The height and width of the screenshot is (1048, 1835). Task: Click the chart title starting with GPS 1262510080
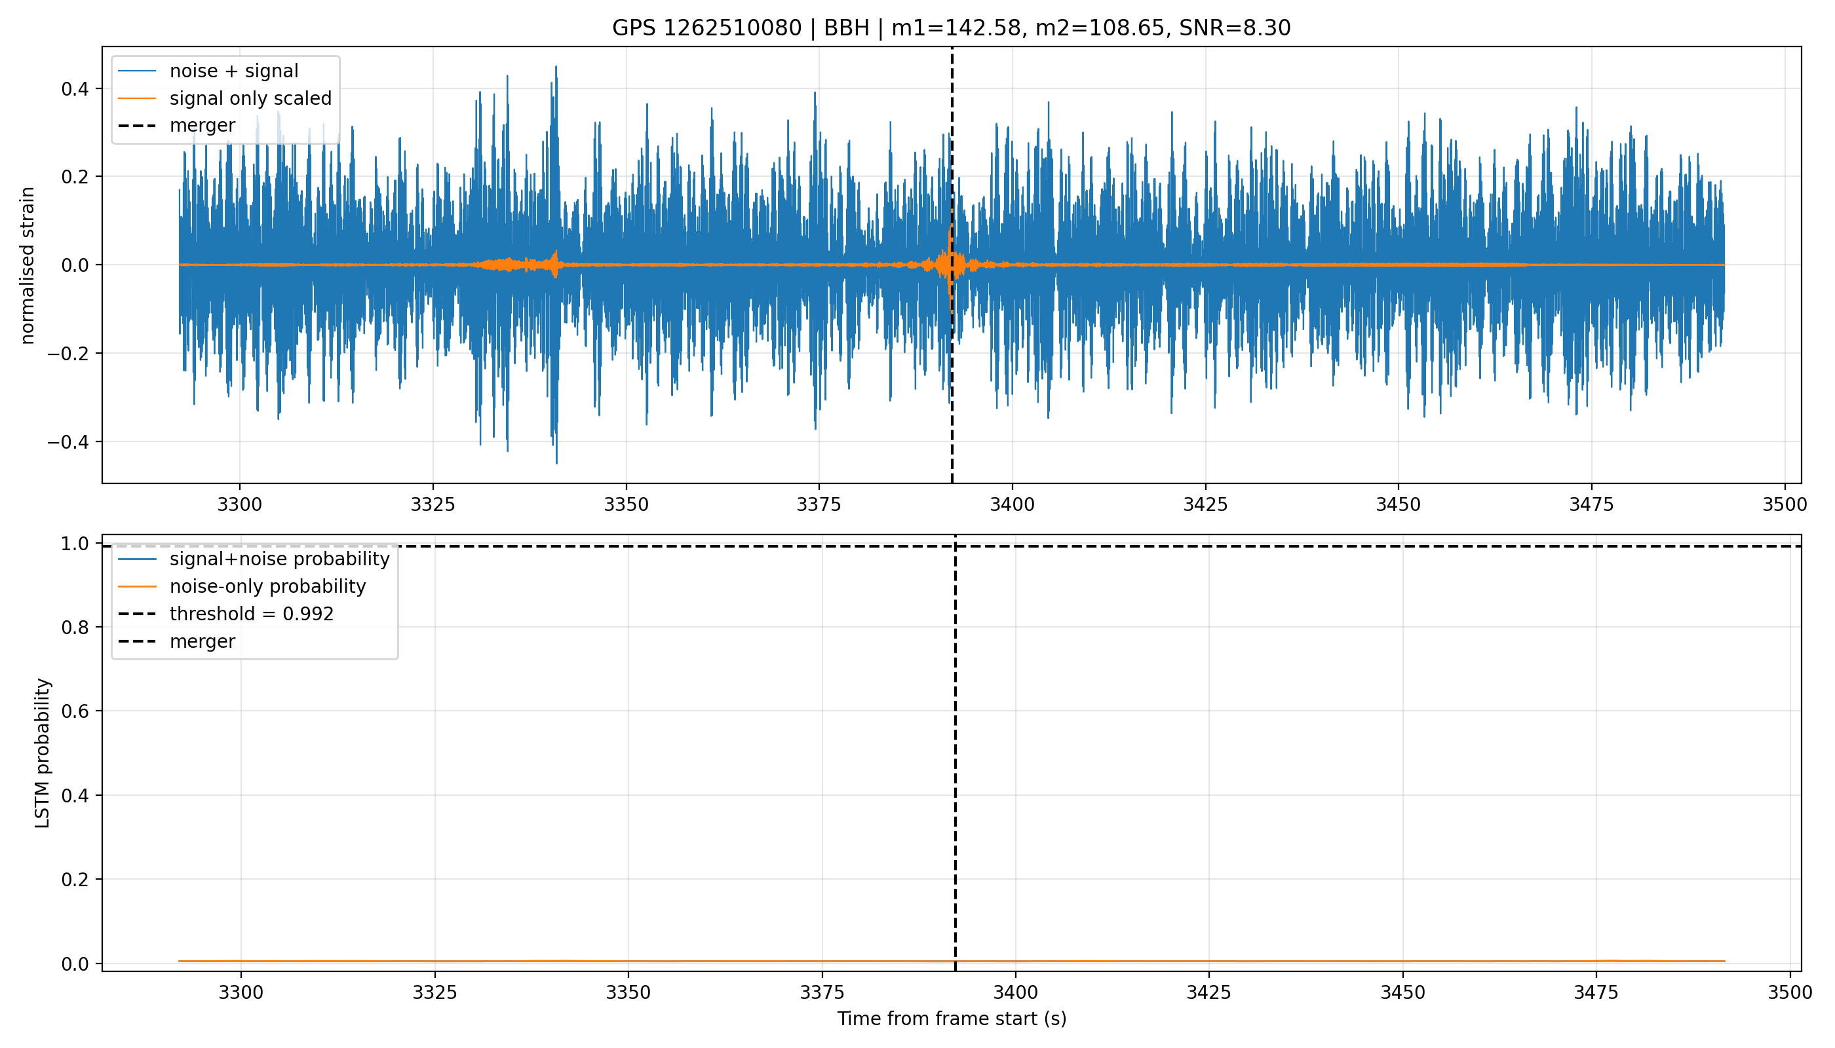(x=951, y=28)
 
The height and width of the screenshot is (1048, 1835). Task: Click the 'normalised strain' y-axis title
(x=28, y=265)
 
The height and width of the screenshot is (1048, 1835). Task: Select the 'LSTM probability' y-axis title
(x=43, y=753)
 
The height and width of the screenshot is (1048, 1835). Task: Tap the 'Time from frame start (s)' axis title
(x=952, y=1019)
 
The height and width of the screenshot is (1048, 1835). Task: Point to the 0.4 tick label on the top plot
(x=75, y=88)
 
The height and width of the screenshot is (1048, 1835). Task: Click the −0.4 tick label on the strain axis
(x=69, y=441)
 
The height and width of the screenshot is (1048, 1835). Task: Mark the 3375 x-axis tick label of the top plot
(x=819, y=504)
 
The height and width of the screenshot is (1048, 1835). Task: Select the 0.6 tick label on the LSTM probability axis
(x=75, y=711)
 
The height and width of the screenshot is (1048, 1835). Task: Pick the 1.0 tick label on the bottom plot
(x=75, y=544)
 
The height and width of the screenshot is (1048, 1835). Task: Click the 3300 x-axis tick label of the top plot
(x=240, y=504)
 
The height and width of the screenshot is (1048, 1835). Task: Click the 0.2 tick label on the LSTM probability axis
(x=75, y=880)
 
